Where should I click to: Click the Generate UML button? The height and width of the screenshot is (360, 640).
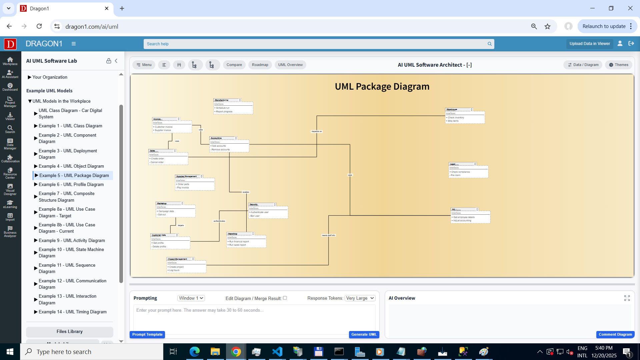click(364, 334)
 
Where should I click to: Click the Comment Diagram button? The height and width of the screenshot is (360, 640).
click(615, 334)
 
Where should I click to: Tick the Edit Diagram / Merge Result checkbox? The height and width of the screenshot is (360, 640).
click(285, 298)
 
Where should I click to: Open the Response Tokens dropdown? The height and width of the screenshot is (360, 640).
click(360, 298)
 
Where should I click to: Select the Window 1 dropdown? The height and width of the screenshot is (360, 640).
click(191, 298)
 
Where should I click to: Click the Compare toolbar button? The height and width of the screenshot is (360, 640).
click(234, 65)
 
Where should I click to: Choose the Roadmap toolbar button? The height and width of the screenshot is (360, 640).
click(260, 65)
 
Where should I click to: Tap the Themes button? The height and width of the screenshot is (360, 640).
click(619, 65)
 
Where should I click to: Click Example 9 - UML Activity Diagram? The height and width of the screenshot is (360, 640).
click(72, 240)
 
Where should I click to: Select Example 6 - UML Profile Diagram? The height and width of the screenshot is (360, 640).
click(71, 184)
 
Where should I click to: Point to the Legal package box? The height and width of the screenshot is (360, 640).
click(468, 170)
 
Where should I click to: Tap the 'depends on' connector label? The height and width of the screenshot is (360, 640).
click(317, 131)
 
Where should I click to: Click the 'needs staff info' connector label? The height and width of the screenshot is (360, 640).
click(328, 235)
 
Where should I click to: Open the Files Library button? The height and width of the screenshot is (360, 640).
click(69, 331)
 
